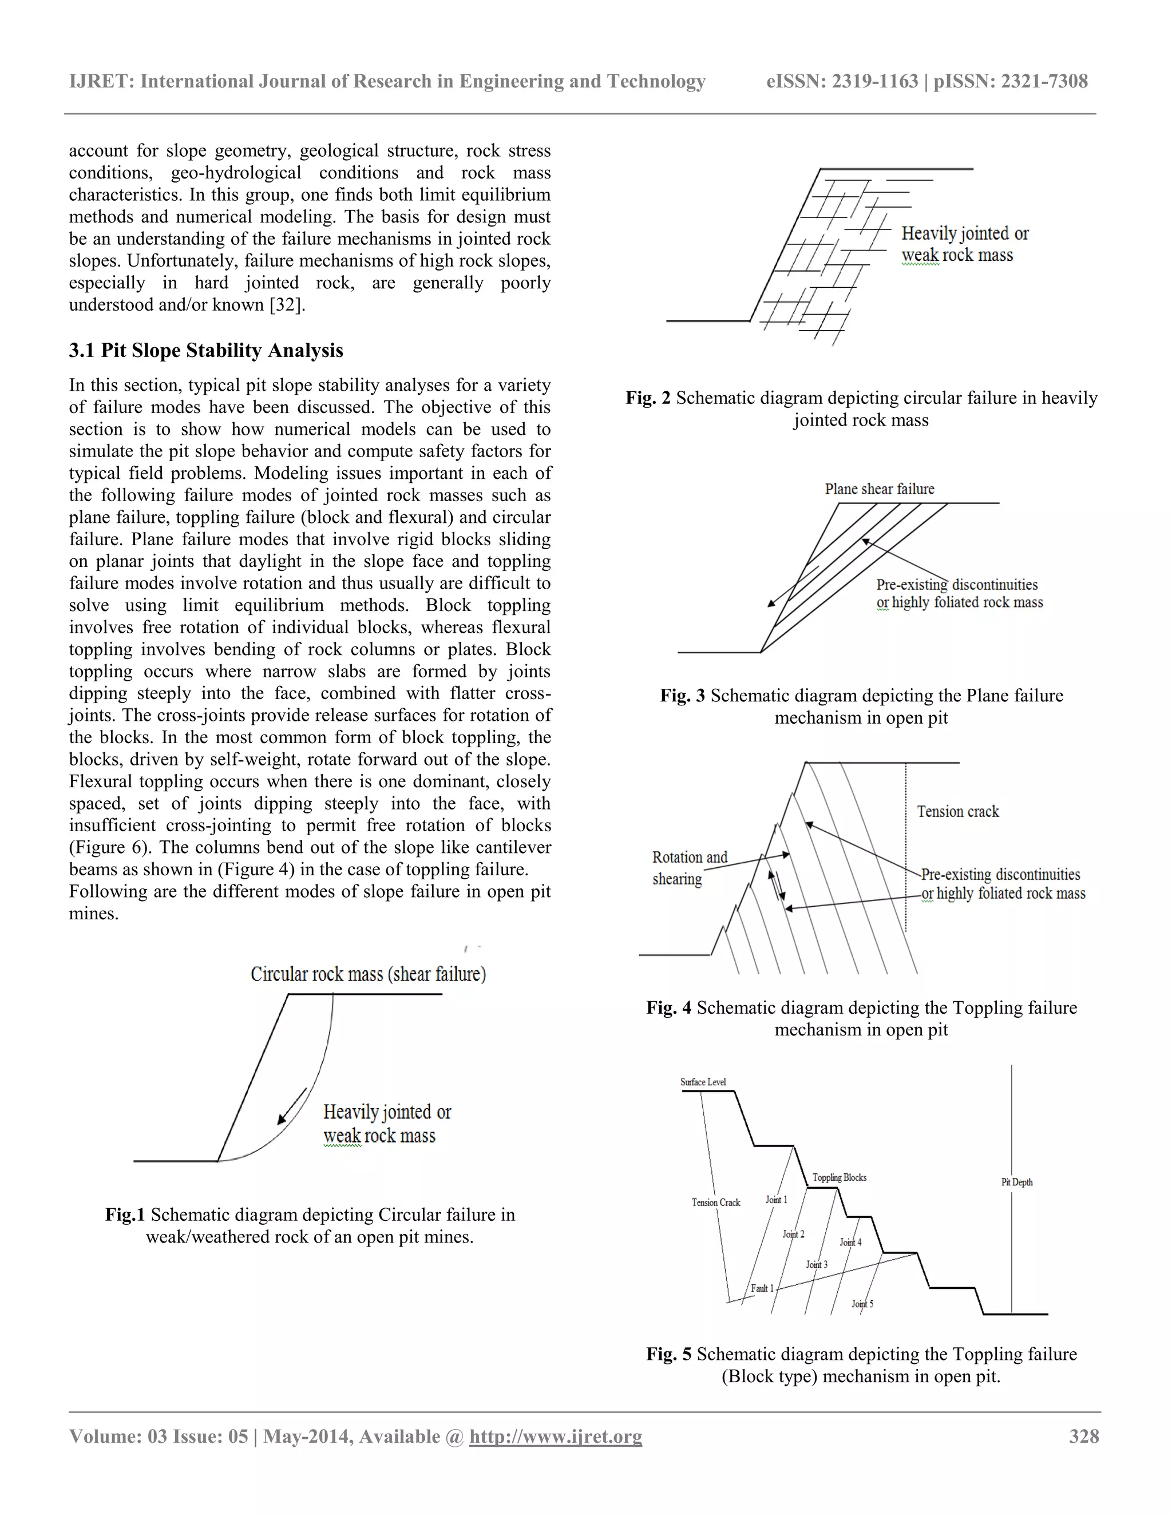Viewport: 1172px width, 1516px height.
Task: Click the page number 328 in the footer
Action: (1084, 1436)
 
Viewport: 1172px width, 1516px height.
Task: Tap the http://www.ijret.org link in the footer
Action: (556, 1436)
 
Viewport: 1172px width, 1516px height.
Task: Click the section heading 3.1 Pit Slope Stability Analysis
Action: (205, 351)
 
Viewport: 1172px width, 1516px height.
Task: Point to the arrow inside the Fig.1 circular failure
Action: (292, 1106)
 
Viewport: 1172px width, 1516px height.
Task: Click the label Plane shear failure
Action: (879, 489)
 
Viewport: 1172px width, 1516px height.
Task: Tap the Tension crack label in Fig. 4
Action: (957, 811)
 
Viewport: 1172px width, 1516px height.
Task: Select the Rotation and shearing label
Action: (689, 868)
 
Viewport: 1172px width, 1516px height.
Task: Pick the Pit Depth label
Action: (1016, 1182)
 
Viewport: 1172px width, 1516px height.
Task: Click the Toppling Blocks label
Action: (840, 1177)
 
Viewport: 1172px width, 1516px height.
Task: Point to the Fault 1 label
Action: (762, 1288)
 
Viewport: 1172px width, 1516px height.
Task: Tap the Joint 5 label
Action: (862, 1304)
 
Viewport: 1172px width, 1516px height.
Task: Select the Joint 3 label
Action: (817, 1265)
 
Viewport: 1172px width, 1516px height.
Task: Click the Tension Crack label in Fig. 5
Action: (716, 1203)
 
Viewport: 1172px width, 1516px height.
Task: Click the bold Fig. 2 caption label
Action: (648, 398)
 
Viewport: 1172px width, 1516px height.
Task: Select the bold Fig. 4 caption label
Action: (668, 1007)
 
